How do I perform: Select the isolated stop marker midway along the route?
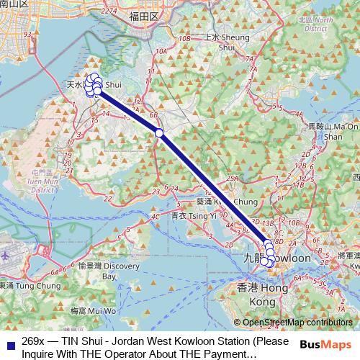[159, 132]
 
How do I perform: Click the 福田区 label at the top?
[143, 14]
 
